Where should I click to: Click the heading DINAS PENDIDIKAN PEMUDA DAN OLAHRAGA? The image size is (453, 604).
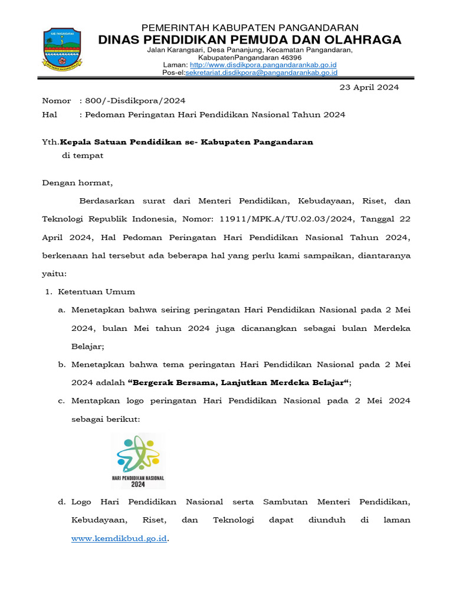[250, 40]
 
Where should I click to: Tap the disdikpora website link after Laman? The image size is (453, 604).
[263, 64]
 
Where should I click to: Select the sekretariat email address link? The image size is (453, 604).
[261, 73]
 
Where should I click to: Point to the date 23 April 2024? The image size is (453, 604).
[369, 87]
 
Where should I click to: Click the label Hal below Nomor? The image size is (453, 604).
[50, 115]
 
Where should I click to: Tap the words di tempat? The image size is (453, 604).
[83, 156]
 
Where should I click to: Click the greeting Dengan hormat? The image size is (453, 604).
[77, 183]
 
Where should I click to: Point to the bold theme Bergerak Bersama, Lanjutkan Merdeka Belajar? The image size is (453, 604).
[239, 383]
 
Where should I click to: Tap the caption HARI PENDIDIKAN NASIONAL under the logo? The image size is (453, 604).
[138, 477]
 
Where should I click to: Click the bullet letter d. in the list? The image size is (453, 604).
[61, 502]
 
